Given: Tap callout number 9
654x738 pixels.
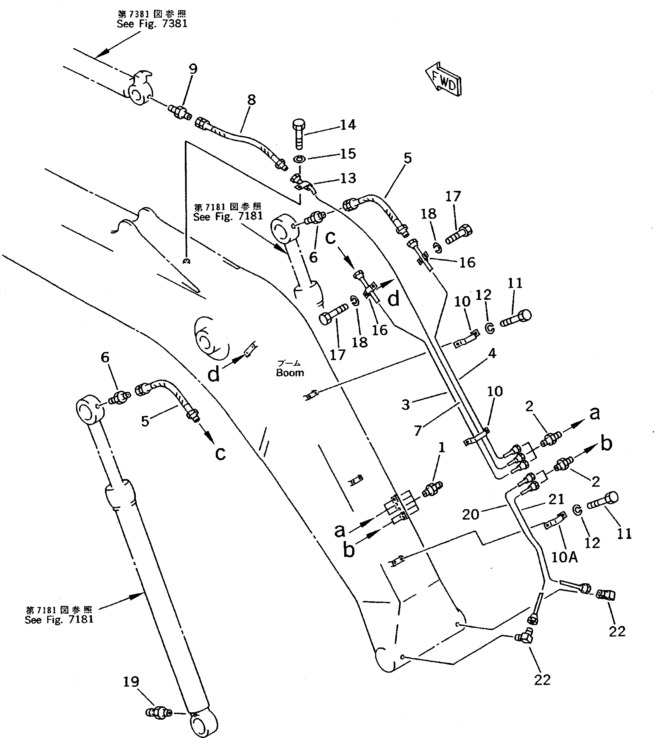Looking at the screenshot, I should coord(193,69).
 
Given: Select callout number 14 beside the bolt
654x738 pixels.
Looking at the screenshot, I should coord(348,125).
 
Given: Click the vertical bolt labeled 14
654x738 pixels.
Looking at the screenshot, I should coord(298,134).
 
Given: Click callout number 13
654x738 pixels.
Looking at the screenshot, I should coord(348,178).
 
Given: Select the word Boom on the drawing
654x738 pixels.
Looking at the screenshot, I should coord(290,373).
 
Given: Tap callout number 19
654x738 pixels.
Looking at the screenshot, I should coord(131,682).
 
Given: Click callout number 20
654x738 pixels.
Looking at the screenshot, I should coord(470,515).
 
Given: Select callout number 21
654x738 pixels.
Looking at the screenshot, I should coord(556,499).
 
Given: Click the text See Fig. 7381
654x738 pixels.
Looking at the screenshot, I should coord(152,24).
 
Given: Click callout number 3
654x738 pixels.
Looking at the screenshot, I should coord(406,404).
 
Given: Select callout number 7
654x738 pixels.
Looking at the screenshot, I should coord(417,430).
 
